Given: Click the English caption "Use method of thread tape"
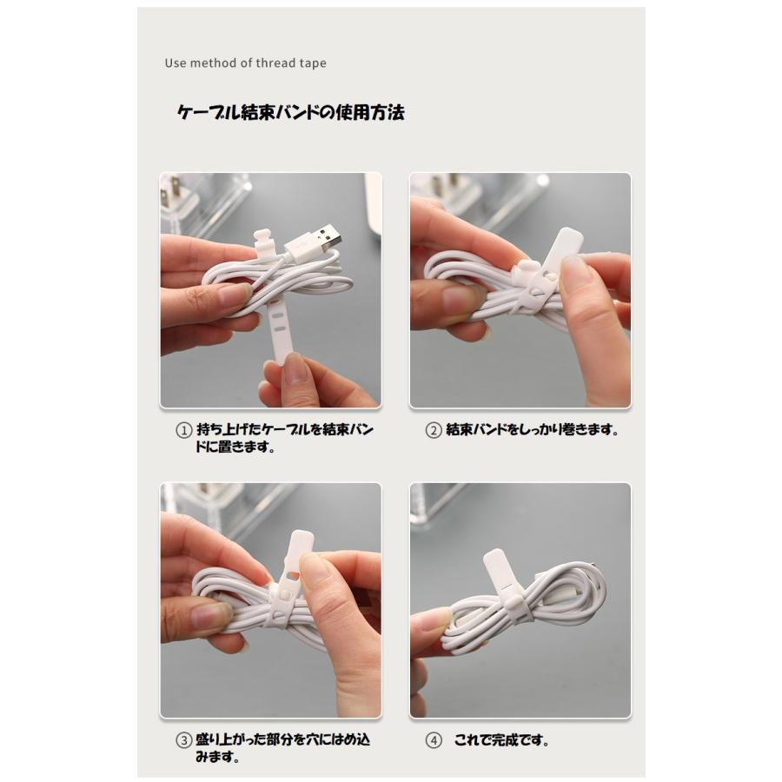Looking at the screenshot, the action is coord(245,63).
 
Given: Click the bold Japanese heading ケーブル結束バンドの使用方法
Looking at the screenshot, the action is coord(291,113).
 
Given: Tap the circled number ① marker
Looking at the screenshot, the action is coord(184,430).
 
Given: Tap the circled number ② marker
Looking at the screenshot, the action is coord(434,430).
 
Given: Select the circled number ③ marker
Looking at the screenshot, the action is coord(184,740).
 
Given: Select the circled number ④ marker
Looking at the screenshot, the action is coord(434,740).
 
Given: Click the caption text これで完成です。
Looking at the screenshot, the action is coord(501,740).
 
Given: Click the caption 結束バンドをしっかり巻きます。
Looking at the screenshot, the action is coord(532,430).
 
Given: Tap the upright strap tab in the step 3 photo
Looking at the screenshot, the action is coord(299,548).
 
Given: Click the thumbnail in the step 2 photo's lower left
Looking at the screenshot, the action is coord(454,301).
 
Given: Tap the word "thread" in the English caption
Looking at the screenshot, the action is coord(275,63).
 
